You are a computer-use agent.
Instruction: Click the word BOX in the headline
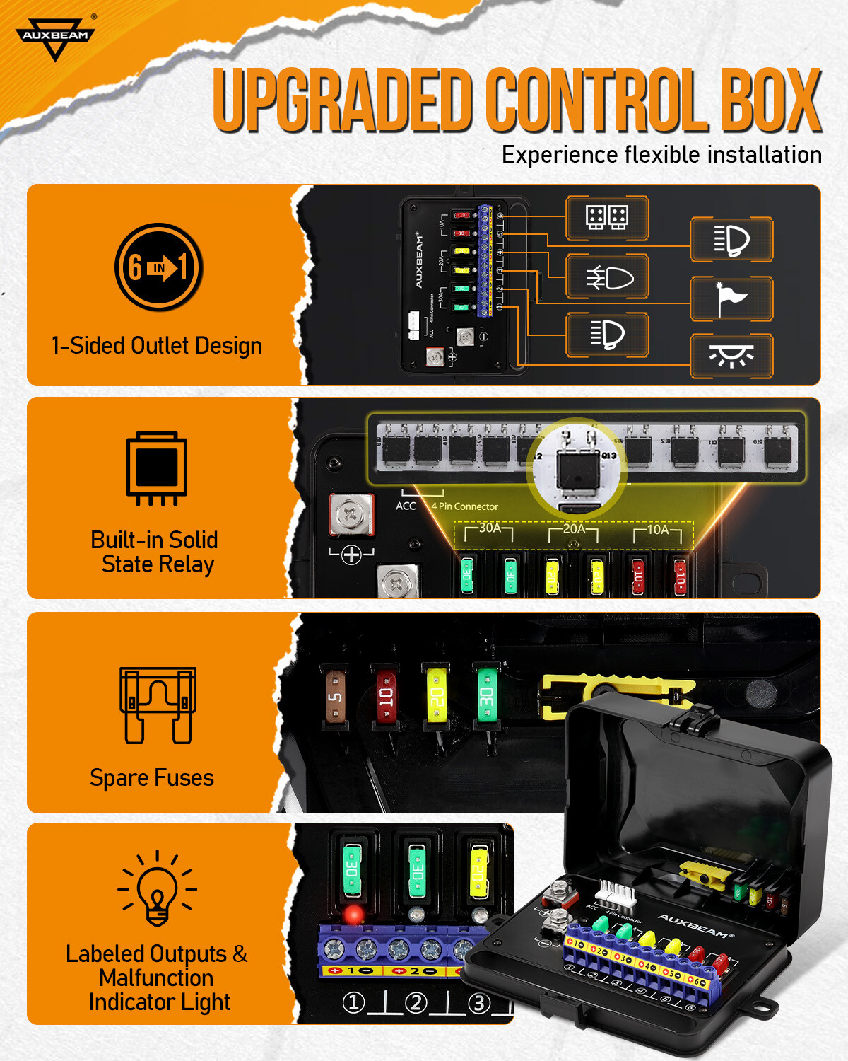771,100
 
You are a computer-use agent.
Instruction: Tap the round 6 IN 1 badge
159,267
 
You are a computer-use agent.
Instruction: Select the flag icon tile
731,299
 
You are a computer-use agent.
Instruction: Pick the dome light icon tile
731,356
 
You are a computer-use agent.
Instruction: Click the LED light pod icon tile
607,218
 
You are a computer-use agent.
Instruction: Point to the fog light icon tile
607,277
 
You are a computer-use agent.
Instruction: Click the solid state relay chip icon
157,468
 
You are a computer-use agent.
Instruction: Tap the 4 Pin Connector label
465,506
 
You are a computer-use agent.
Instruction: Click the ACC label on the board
406,506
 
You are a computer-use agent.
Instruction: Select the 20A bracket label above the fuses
574,529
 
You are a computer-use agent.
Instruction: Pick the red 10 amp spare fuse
386,695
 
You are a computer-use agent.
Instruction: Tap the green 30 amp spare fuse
486,695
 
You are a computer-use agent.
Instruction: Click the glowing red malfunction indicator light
353,914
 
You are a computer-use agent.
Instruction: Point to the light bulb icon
157,888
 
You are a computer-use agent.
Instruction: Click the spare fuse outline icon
158,705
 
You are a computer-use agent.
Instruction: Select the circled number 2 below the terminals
416,1003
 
